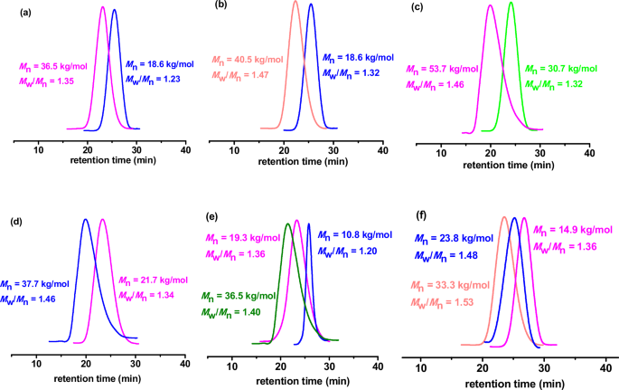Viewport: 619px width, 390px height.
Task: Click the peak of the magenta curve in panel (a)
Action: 102,8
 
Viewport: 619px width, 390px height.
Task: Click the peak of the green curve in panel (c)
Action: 511,4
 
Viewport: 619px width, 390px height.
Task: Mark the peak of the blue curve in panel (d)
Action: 85,220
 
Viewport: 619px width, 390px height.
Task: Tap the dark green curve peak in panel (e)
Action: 288,224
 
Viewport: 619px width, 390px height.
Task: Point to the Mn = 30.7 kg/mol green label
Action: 561,69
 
